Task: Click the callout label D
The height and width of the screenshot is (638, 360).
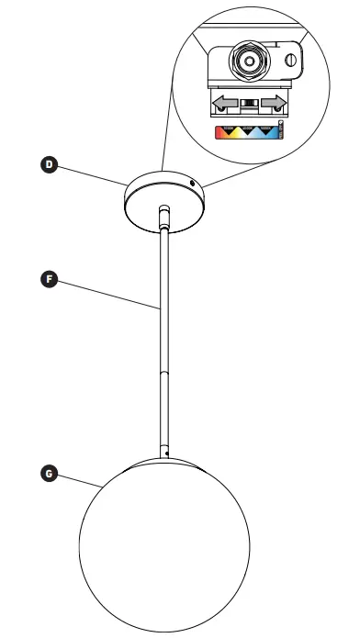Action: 51,165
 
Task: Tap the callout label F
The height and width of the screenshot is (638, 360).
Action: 51,277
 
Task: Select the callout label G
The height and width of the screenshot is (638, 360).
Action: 51,474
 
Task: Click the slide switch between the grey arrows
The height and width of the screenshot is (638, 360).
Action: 249,100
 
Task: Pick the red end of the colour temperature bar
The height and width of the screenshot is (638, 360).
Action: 219,132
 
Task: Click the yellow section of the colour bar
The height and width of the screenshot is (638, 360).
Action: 235,132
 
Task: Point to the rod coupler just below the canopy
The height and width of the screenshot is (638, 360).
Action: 163,215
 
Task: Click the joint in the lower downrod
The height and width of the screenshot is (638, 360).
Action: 165,371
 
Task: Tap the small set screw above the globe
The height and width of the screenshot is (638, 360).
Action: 165,451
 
